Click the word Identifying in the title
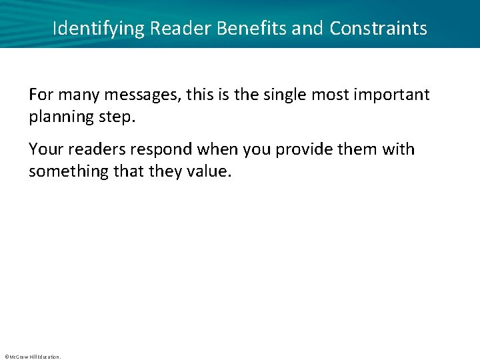(99, 29)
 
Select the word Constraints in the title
(378, 29)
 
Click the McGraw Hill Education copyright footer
(33, 357)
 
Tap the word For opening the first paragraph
(41, 95)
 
